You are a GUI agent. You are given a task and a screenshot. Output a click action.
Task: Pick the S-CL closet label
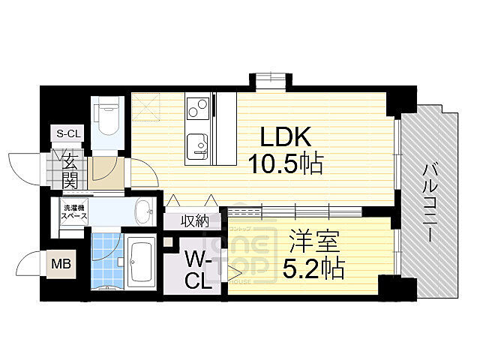point(69,133)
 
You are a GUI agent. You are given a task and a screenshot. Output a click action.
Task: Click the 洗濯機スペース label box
point(74,211)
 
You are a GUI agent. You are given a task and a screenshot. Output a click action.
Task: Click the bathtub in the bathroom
point(140,262)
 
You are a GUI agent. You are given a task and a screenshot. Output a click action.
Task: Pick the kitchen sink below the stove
point(197,144)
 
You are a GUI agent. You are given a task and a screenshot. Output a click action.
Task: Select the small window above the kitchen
point(268,80)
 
